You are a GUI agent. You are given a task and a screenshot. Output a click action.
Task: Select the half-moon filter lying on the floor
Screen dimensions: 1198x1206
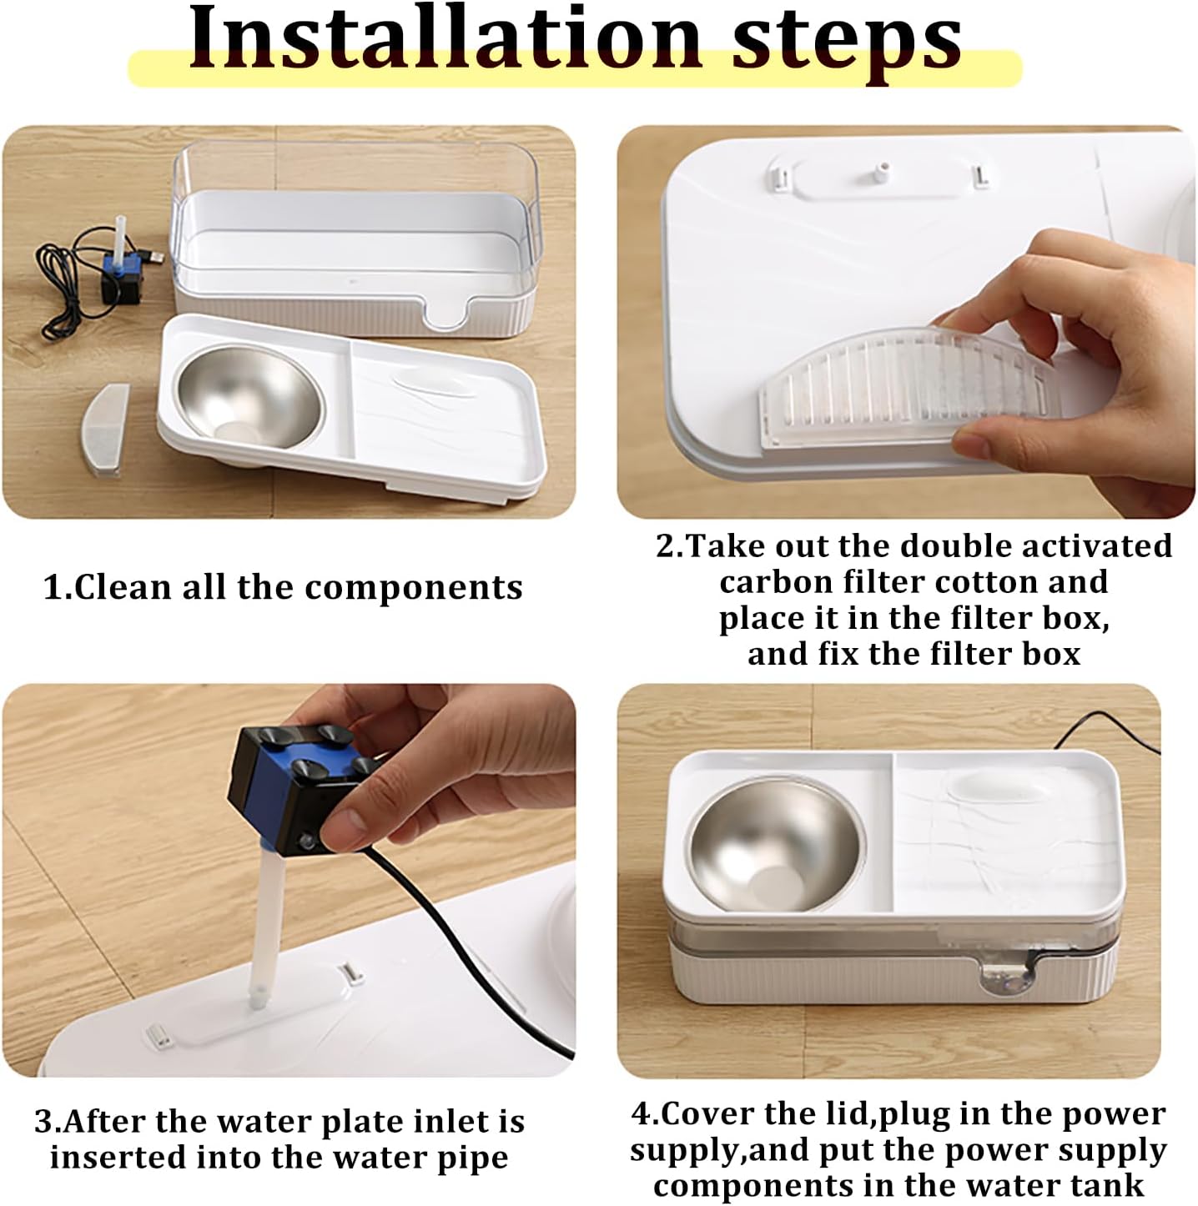point(105,430)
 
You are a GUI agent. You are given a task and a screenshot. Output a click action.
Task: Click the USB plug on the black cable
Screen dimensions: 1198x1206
point(153,256)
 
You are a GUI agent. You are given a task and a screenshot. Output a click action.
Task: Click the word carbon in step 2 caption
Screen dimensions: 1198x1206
point(776,583)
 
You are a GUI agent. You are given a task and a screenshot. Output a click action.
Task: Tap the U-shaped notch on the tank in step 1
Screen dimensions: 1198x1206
point(445,312)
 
